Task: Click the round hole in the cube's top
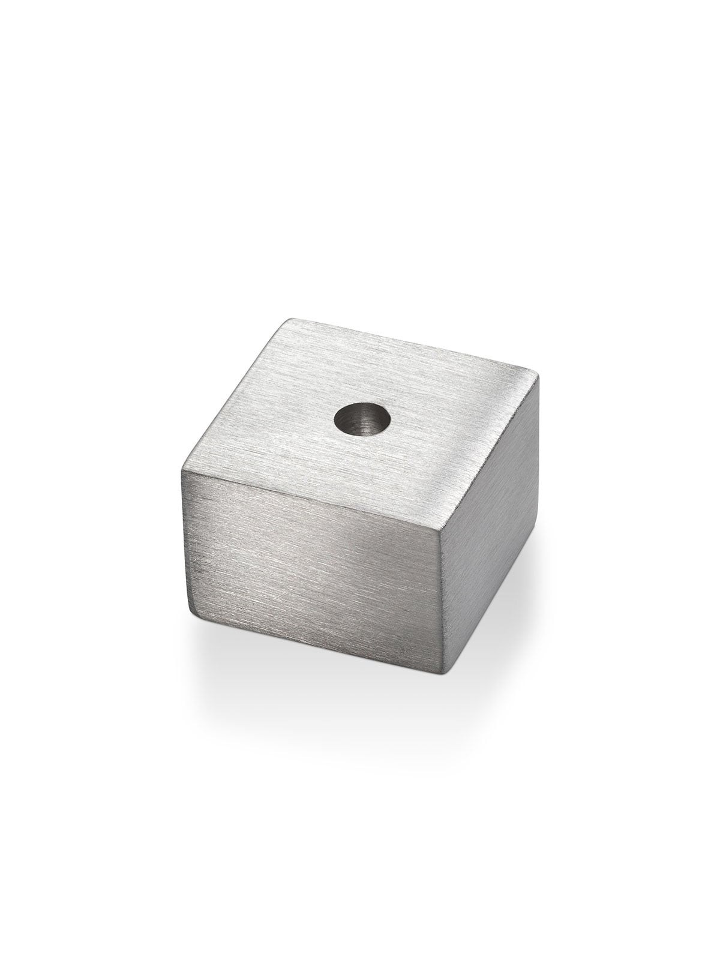click(x=362, y=419)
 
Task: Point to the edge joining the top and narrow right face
click(x=489, y=453)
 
